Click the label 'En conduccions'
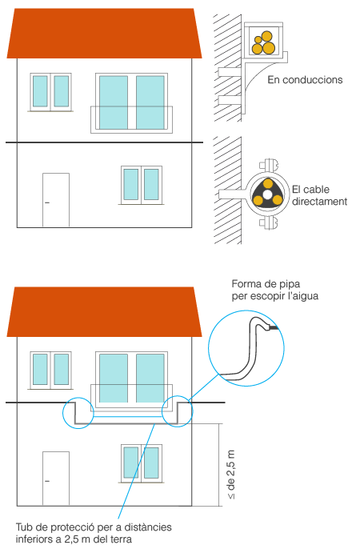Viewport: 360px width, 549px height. click(x=305, y=80)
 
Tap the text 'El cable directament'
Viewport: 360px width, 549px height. click(x=319, y=195)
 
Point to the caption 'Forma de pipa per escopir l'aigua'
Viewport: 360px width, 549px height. click(x=275, y=290)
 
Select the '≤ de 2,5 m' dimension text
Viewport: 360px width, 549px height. click(x=231, y=475)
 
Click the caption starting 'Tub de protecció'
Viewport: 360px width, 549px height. click(x=94, y=533)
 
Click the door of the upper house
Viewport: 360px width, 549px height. click(x=56, y=200)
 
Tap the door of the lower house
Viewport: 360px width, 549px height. click(x=56, y=479)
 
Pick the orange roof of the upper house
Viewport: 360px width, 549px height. click(x=104, y=34)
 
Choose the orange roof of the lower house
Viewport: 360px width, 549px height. click(x=104, y=311)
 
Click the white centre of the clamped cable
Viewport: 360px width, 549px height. click(x=267, y=194)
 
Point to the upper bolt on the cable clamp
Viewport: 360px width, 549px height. click(x=268, y=165)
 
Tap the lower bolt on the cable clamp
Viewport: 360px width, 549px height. click(x=268, y=223)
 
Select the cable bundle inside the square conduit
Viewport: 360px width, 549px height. click(x=263, y=43)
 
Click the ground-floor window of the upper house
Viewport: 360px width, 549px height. click(x=142, y=185)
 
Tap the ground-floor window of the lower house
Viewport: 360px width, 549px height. click(x=142, y=463)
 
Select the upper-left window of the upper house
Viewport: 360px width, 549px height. click(x=50, y=92)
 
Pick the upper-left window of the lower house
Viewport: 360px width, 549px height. click(x=50, y=370)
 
